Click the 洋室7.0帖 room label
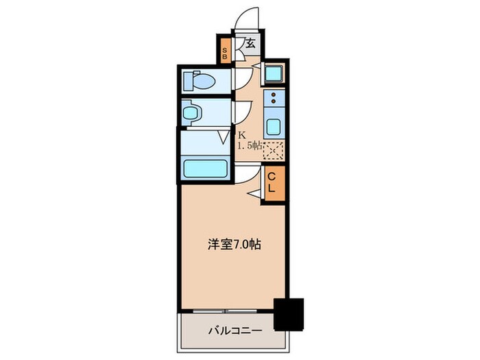[235, 243]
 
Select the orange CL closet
[272, 184]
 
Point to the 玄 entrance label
[250, 43]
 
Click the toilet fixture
[200, 80]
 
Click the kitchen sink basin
[274, 128]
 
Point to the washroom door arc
[241, 111]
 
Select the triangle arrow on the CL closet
[255, 196]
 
